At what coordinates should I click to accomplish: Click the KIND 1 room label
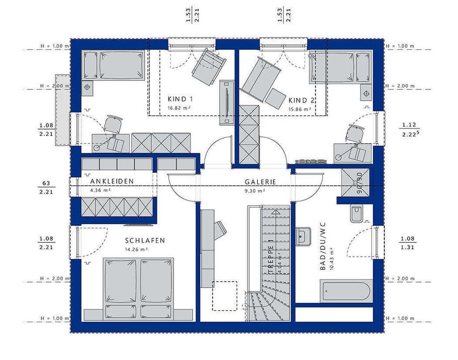click(180, 99)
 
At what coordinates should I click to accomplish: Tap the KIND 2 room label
click(301, 100)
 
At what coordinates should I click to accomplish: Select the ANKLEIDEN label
click(112, 181)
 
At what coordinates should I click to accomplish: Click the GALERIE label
click(260, 182)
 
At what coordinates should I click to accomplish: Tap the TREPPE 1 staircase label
click(271, 259)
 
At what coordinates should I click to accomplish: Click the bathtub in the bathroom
click(346, 291)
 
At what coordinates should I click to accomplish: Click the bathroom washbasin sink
click(304, 236)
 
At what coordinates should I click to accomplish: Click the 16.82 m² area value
click(180, 108)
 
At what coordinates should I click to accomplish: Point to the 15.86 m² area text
click(300, 109)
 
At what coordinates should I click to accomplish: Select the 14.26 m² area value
click(137, 250)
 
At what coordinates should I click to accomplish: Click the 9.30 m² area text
click(254, 191)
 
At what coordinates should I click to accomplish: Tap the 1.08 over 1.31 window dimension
click(407, 242)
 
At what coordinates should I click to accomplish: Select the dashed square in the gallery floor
click(224, 296)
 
